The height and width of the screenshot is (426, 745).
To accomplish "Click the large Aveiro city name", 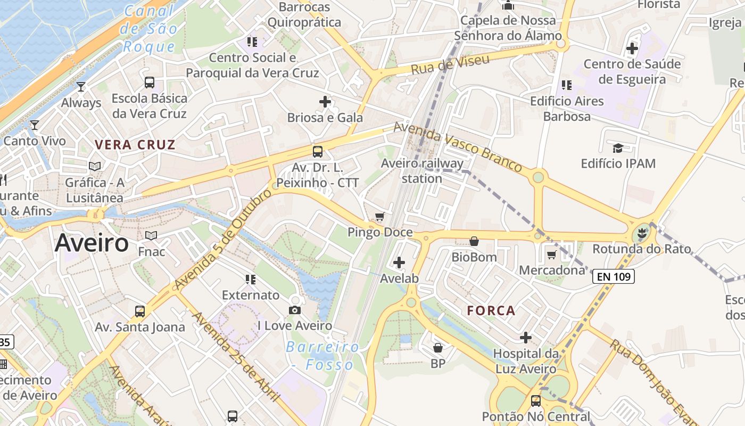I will pos(92,243).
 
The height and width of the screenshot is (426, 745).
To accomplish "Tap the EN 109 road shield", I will pos(614,276).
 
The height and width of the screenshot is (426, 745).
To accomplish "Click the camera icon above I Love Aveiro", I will pos(294,310).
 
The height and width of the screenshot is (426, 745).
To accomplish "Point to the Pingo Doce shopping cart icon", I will pos(379,216).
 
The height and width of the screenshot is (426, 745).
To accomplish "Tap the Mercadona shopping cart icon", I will pos(552,255).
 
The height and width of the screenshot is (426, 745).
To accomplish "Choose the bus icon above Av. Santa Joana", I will pos(140,312).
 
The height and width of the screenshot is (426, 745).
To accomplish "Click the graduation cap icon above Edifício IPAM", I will pos(618,148).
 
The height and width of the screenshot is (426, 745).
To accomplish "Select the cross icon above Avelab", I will pos(399,263).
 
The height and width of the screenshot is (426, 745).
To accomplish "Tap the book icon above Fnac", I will pos(151,235).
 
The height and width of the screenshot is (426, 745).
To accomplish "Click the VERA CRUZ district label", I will pos(135,144).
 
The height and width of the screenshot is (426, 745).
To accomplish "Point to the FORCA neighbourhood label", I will pos(491,310).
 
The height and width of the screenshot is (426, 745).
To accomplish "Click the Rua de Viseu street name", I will pos(450,64).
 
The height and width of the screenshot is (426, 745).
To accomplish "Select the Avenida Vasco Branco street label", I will pos(458,146).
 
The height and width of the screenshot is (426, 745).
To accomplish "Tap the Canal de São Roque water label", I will pos(148,29).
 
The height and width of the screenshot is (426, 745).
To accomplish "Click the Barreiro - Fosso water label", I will pos(322,356).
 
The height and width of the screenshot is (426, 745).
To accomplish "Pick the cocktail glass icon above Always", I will pos(81,86).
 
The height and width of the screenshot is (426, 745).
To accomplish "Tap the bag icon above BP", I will pos(438,348).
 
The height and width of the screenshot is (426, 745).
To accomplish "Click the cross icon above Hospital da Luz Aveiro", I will pos(526,337).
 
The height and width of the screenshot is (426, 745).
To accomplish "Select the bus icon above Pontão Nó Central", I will pos(536,400).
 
